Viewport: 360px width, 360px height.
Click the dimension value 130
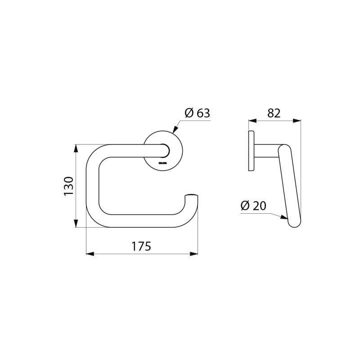tap(68, 186)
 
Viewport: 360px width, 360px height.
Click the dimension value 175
tap(141, 247)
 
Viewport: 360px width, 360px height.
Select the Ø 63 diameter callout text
tap(197, 113)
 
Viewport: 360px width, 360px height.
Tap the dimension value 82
tap(274, 113)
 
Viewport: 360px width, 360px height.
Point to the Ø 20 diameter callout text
tap(253, 206)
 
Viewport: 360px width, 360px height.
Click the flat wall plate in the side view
tap(251, 151)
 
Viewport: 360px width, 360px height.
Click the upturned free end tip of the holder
tap(192, 197)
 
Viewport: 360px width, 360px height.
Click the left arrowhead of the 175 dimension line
tap(89, 254)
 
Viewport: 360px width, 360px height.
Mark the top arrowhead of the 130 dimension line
tap(76, 147)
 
